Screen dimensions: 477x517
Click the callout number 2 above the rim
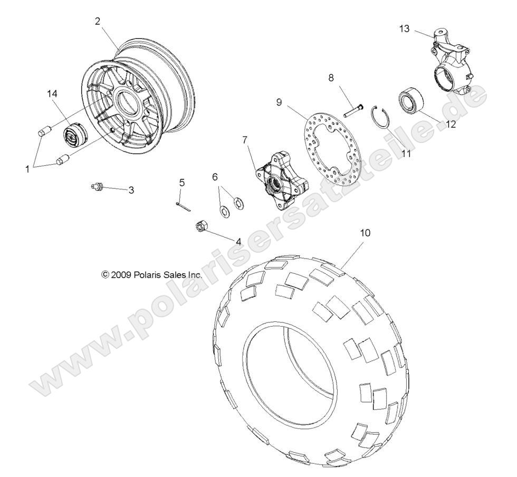click(x=98, y=21)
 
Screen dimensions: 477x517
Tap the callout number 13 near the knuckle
click(x=404, y=29)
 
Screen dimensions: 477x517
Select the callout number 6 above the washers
click(x=215, y=177)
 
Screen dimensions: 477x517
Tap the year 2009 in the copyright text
click(x=121, y=275)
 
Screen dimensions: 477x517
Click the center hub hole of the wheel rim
click(x=130, y=100)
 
